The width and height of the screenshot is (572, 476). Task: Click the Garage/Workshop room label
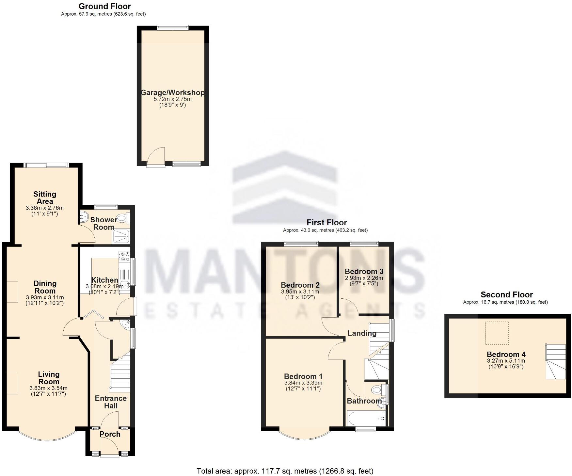(x=173, y=93)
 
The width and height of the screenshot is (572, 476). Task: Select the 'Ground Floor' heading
(x=104, y=6)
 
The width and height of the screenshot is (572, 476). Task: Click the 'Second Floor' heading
(x=506, y=295)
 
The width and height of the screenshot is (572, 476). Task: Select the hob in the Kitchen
(x=124, y=256)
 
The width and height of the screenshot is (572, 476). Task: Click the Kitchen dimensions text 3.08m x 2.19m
(x=104, y=287)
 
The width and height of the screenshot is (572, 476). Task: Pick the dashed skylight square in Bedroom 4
(x=497, y=333)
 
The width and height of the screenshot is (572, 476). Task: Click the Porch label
(x=110, y=434)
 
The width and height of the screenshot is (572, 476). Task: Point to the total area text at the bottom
(x=285, y=471)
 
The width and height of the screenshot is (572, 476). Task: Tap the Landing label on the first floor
(x=362, y=333)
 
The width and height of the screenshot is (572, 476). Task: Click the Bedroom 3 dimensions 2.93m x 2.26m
(x=364, y=278)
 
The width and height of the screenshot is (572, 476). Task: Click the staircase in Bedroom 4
(x=555, y=362)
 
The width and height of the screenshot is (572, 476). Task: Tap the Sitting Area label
(x=45, y=198)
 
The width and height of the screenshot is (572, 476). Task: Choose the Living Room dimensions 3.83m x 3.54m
(x=48, y=388)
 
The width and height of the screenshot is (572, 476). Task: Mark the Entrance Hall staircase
(x=120, y=374)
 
